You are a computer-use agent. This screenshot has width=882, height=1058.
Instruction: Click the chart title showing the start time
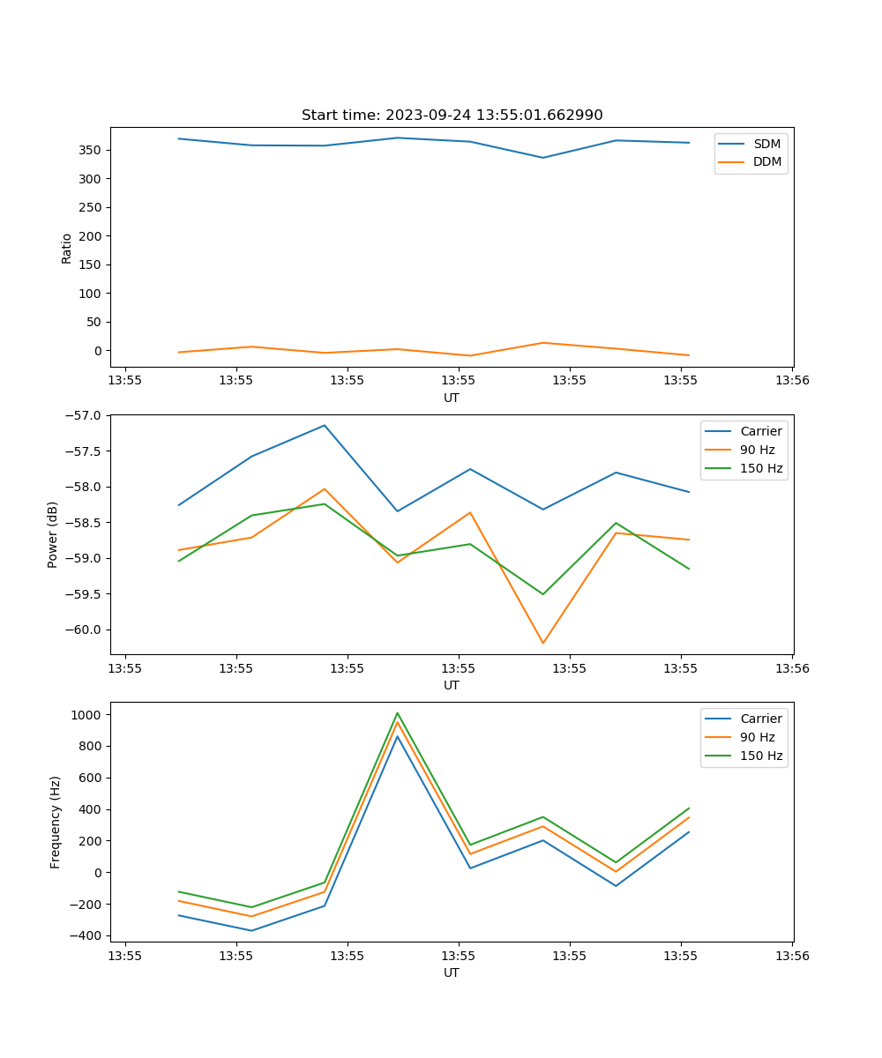pyautogui.click(x=452, y=115)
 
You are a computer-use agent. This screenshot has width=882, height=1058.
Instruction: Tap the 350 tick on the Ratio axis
pyautogui.click(x=91, y=150)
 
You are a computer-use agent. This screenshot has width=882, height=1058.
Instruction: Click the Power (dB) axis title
pyautogui.click(x=53, y=534)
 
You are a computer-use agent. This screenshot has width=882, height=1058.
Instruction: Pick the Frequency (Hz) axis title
pyautogui.click(x=55, y=822)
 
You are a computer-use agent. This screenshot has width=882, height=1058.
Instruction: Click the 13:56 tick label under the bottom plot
pyautogui.click(x=791, y=955)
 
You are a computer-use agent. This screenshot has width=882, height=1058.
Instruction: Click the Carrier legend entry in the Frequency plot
pyautogui.click(x=760, y=719)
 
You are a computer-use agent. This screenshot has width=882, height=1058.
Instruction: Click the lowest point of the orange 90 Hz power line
pyautogui.click(x=542, y=643)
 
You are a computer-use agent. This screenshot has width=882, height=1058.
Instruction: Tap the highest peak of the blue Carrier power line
pyautogui.click(x=325, y=425)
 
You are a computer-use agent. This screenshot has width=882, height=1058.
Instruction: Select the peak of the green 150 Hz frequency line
pyautogui.click(x=397, y=712)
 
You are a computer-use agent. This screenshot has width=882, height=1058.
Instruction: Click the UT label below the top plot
pyautogui.click(x=452, y=398)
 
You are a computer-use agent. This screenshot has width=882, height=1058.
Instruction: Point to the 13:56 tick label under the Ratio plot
pyautogui.click(x=791, y=380)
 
